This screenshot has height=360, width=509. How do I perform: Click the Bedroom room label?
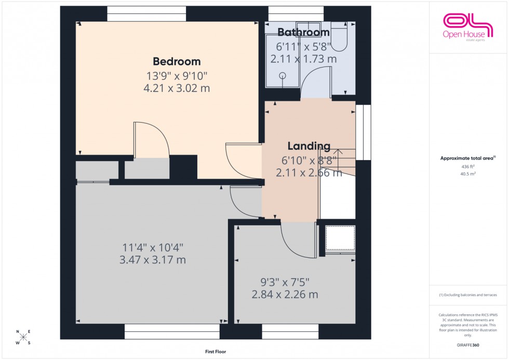pos(176,61)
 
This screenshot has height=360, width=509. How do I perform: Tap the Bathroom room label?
pos(303,32)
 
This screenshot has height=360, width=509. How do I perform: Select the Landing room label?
pos(309,146)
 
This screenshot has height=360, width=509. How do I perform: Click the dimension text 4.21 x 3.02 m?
pos(176,88)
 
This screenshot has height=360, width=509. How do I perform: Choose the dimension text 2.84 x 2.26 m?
pos(285,295)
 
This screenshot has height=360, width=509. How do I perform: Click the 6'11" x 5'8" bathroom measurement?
pos(303,46)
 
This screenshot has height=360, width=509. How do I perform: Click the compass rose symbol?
pos(23,337)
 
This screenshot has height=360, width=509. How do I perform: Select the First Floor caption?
pos(216,352)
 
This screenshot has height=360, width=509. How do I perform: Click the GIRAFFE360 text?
pos(468,344)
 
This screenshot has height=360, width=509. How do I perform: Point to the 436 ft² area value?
pos(468,166)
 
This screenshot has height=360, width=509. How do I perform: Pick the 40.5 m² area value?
pos(468,174)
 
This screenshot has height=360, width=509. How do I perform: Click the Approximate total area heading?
pos(467,158)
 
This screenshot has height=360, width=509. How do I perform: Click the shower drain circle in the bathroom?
pos(283,75)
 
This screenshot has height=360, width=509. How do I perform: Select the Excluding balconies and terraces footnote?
pos(468,295)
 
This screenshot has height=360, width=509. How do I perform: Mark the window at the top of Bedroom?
pos(146,14)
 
